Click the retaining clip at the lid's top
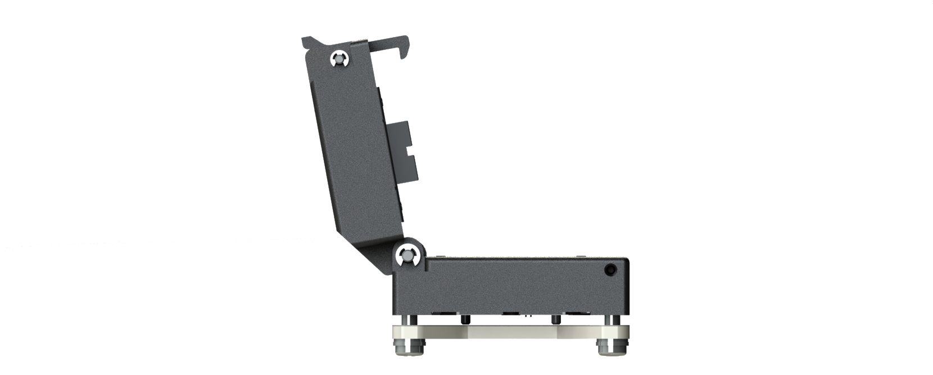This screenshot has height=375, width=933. point(339,59)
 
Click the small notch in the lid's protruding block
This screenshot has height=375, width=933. point(406,152)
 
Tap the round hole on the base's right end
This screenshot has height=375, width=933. point(610,269)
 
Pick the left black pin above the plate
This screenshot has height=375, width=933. point(465,319)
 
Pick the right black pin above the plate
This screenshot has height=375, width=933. point(555,319)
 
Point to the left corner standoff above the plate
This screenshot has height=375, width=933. point(413,320)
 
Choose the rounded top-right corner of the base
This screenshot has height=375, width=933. point(624,261)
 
